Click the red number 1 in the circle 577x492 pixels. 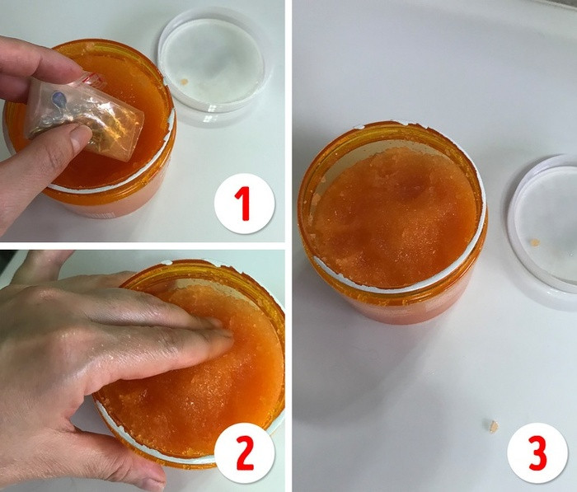click(244, 204)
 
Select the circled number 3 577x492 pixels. click(537, 452)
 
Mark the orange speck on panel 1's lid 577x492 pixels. click(184, 82)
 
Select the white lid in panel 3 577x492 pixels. click(548, 223)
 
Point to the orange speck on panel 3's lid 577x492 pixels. click(534, 243)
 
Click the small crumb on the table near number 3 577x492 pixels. click(491, 425)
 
